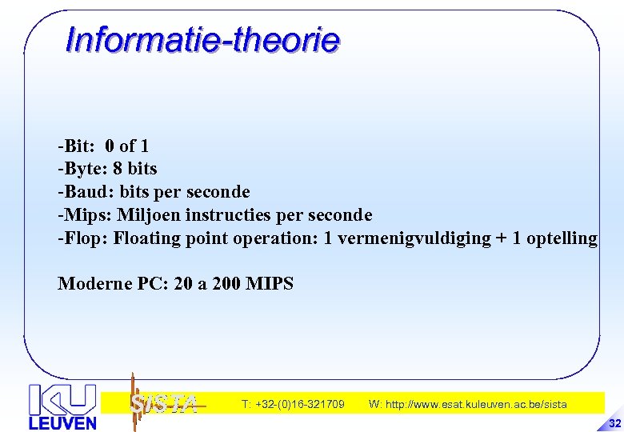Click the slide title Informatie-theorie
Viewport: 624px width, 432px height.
(202, 39)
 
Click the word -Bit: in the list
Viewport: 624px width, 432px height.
(76, 146)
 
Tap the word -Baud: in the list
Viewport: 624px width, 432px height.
(85, 192)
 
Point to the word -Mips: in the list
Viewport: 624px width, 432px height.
(84, 215)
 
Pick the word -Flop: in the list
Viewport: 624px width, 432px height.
(82, 238)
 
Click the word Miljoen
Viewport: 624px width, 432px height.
(149, 215)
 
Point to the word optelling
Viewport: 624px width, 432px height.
(562, 238)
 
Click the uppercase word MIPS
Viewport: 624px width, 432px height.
(270, 284)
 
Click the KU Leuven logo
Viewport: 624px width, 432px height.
(62, 406)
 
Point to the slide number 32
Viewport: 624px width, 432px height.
(614, 422)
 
